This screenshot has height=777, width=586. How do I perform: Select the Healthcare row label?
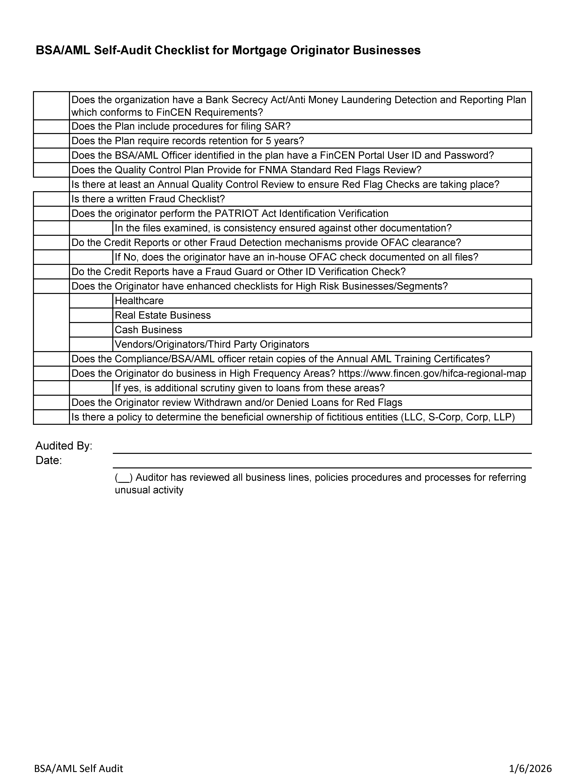pos(139,301)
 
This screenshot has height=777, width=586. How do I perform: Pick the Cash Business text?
pos(149,330)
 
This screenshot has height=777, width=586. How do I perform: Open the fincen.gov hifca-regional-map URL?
pos(432,373)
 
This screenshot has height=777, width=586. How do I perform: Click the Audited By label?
pos(64,446)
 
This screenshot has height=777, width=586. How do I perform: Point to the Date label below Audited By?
pos(48,460)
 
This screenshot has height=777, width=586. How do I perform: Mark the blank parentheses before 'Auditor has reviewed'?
pos(123,477)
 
